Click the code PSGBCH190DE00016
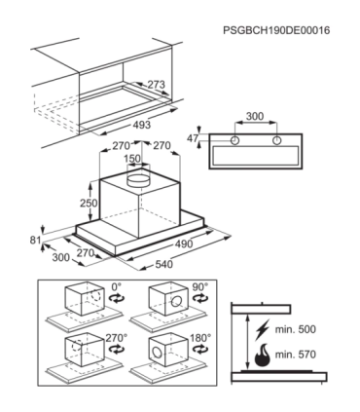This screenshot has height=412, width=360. pos(276,30)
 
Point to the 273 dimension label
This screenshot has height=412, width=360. pos(157,85)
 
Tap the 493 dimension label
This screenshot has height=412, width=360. pos(142,125)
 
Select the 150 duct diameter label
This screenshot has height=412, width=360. pos(132,159)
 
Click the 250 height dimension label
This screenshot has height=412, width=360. pos(89,203)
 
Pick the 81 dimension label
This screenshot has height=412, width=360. pos(35,241)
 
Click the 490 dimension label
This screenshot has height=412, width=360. pos(184,243)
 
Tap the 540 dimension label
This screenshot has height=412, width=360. pos(163,264)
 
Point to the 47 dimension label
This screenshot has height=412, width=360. pos(193,138)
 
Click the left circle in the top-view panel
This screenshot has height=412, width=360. pos(234,140)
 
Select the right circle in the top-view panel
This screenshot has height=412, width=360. pos(276,140)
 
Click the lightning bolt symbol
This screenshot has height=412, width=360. pos(263,329)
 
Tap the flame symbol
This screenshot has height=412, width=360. pos(263,355)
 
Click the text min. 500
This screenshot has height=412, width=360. pos(296,329)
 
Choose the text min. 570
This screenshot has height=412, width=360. pos(296,355)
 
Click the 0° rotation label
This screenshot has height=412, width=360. pos(116,287)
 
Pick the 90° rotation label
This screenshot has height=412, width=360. pos(199,287)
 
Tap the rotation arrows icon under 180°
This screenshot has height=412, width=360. pos(199,349)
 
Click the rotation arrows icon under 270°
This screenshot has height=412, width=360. pos(117,349)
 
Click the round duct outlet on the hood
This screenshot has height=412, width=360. pos(138,180)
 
